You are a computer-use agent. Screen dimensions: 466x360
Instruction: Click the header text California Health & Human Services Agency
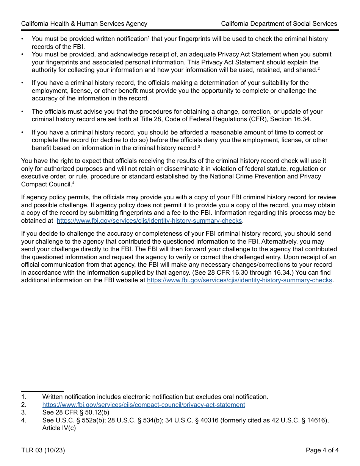pos(84,23)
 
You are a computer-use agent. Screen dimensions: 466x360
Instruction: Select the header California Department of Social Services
pos(279,23)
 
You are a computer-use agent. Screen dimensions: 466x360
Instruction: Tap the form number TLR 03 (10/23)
pos(43,450)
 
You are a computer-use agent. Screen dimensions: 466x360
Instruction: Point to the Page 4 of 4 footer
pos(322,450)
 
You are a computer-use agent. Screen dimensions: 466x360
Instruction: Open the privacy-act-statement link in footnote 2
pos(144,405)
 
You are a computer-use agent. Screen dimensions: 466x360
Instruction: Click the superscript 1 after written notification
pos(149,37)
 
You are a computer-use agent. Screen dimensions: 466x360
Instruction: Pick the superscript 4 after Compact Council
pos(73,183)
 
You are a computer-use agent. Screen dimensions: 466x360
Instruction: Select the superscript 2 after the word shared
pos(319,68)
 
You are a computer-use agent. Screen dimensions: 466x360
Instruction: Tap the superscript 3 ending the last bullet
pos(199,146)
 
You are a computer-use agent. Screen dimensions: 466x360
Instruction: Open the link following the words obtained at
pos(149,220)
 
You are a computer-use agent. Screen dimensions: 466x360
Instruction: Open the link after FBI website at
pos(239,280)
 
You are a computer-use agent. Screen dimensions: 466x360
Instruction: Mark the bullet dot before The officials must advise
pos(22,112)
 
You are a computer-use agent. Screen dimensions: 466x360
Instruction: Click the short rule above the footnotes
pos(42,391)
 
